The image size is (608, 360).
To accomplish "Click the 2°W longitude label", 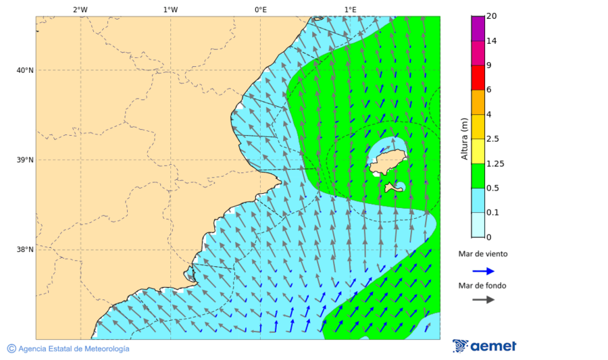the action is tap(80, 9).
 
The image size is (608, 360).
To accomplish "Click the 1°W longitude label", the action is tap(170, 9).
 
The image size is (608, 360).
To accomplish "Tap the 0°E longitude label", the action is tap(260, 9).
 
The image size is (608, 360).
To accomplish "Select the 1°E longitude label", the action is tap(350, 9).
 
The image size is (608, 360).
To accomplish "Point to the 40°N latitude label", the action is tap(25, 70).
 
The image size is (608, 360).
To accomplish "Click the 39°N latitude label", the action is tap(25, 160).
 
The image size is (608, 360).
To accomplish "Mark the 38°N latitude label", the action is tap(25, 250).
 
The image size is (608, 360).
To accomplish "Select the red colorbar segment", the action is tap(478, 78).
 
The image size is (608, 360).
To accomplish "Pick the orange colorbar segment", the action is tap(478, 102).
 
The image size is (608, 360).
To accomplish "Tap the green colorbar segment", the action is tap(478, 176).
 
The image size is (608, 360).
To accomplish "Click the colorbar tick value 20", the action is tap(491, 16).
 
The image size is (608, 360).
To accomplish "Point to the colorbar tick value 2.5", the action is tap(492, 139).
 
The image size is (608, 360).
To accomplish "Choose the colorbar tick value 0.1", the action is tap(492, 213).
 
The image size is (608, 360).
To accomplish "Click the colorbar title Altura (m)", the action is tap(464, 138).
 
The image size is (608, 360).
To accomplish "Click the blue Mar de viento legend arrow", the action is tap(483, 271).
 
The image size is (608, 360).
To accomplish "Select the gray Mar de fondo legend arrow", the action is tap(483, 300).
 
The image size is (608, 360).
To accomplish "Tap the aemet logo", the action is tap(484, 346).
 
